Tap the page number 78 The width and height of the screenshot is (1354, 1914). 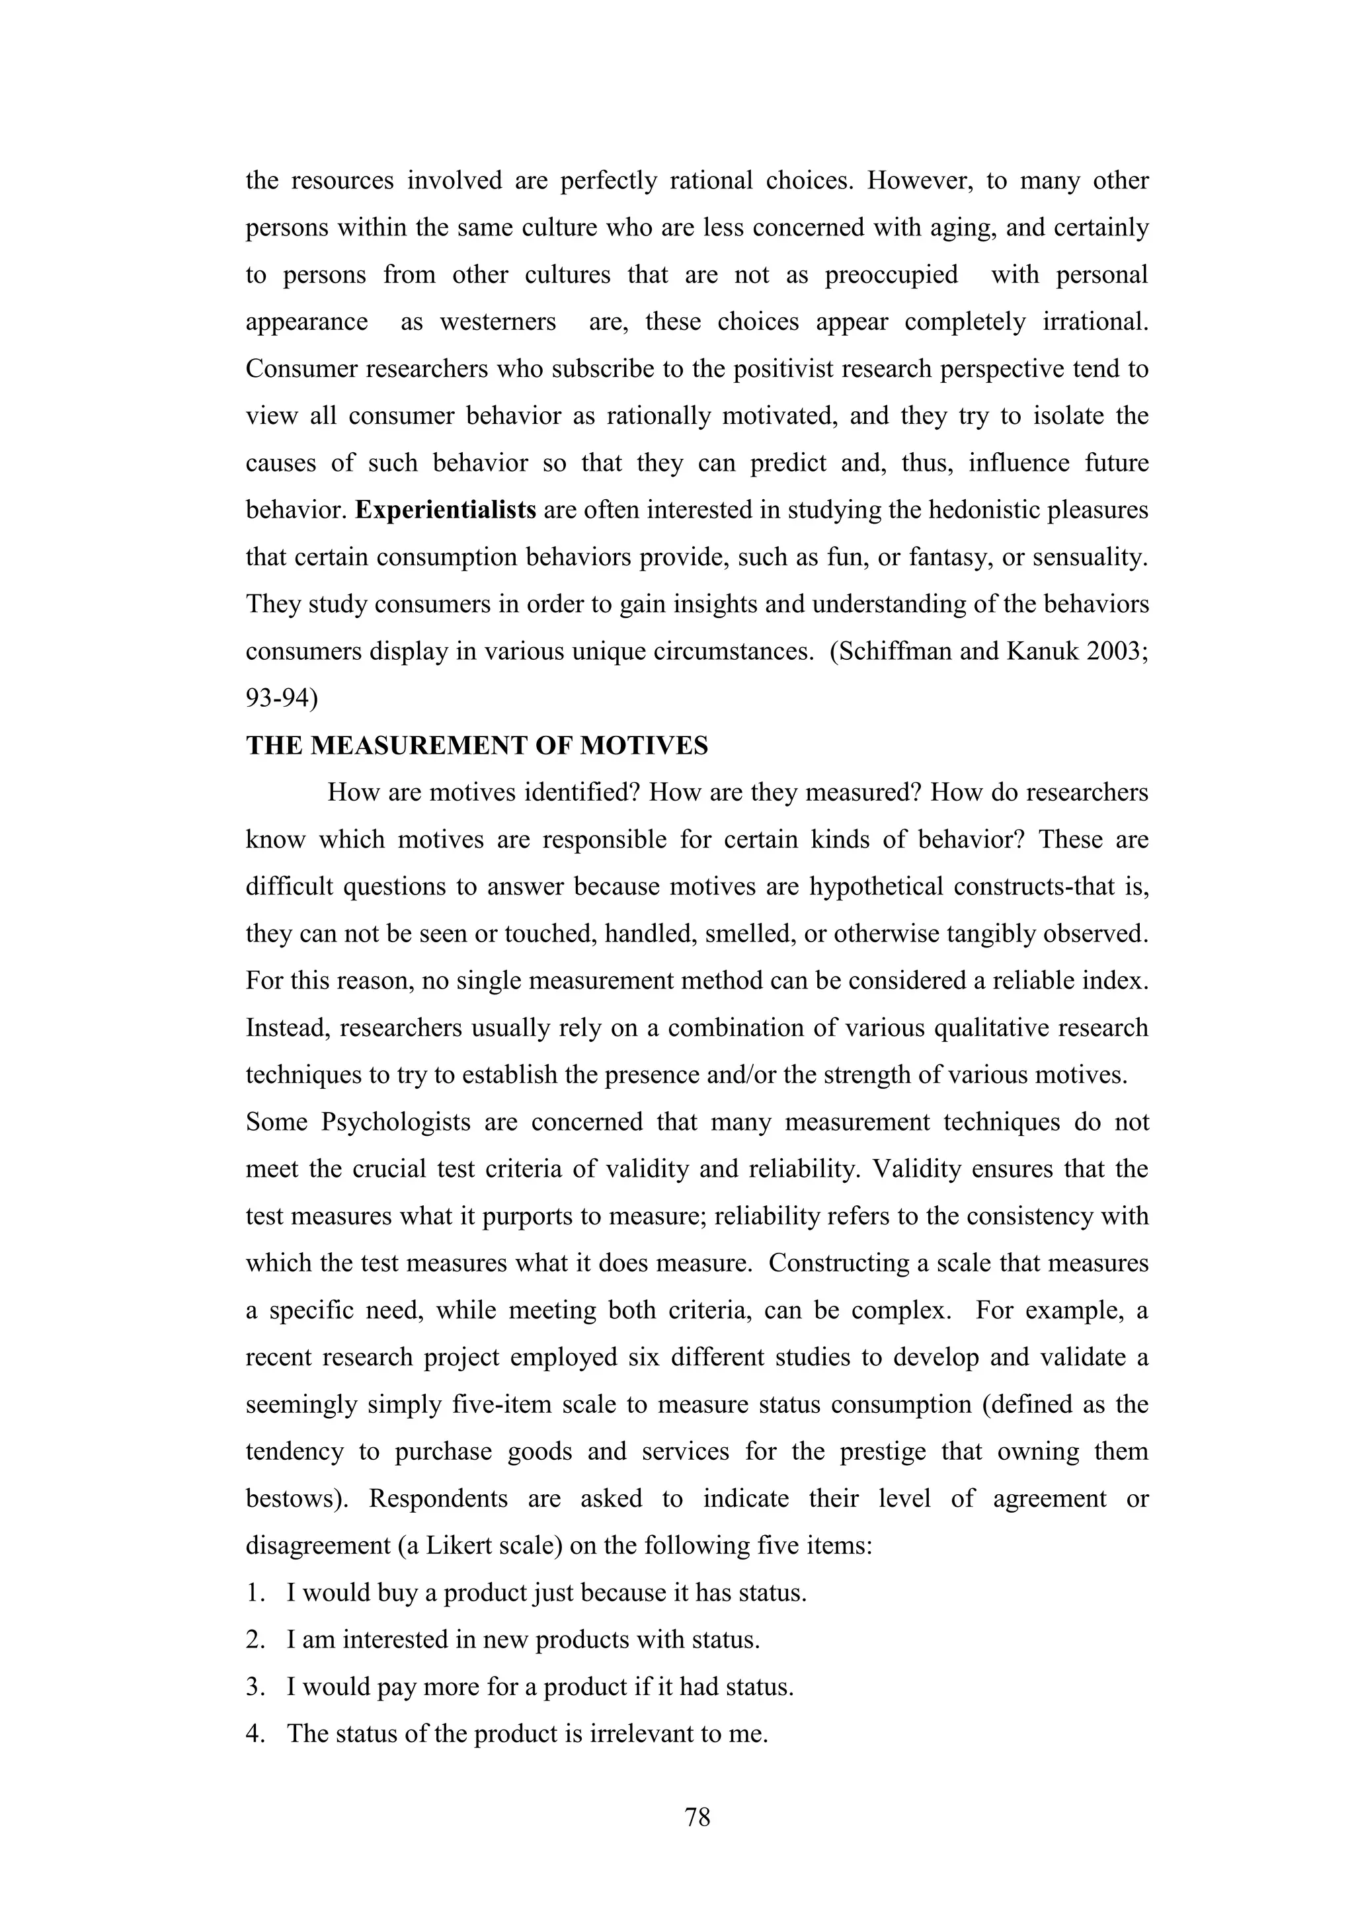coord(697,1815)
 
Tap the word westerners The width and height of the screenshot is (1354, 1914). coord(498,322)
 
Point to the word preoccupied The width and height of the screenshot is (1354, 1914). coord(891,275)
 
